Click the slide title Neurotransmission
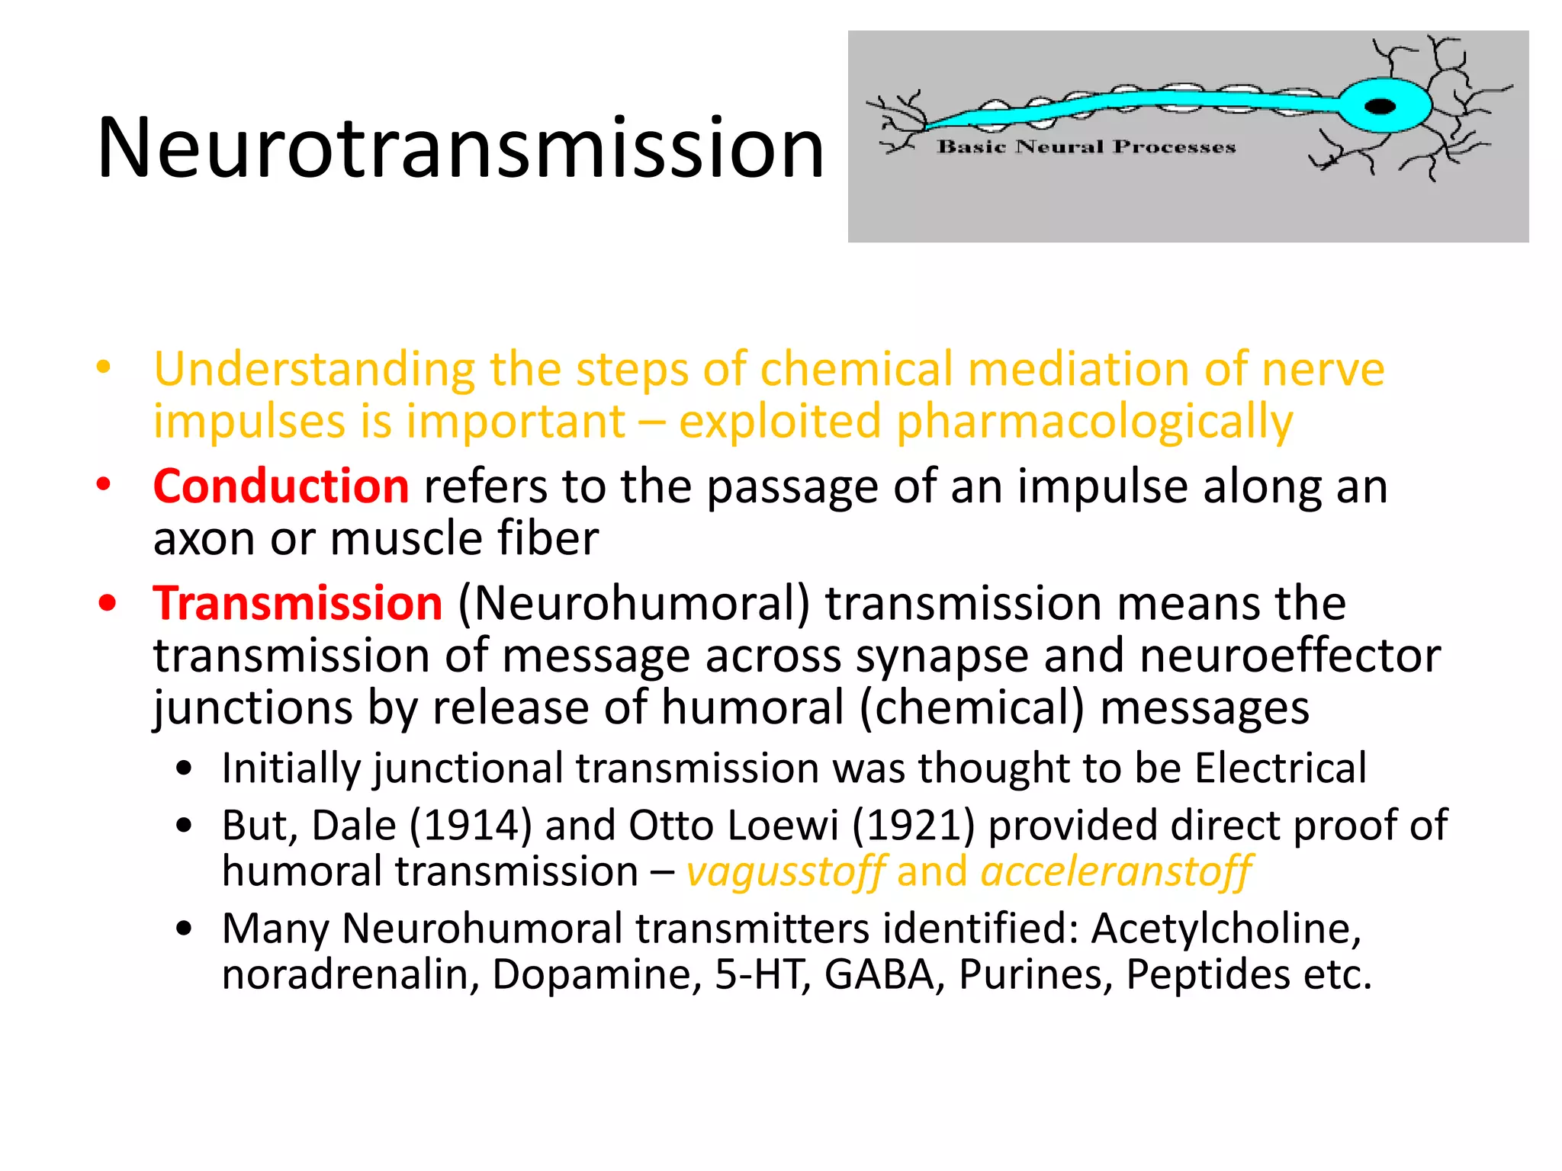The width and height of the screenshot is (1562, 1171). point(461,148)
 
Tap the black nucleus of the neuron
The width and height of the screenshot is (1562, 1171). point(1380,106)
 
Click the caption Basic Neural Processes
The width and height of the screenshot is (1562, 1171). point(1086,146)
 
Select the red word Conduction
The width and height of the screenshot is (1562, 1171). point(281,486)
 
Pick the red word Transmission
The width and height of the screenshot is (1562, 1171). point(297,604)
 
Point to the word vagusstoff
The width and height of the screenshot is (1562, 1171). point(785,872)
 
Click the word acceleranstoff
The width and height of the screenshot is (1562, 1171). point(1116,872)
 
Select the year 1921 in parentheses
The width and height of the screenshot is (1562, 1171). point(913,826)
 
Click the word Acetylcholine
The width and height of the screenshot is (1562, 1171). point(1226,929)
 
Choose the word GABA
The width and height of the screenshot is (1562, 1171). point(880,974)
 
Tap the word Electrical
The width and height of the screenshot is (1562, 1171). point(1281,768)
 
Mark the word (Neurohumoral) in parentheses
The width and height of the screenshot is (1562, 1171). point(634,604)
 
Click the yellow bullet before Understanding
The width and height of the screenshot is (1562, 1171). point(104,367)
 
